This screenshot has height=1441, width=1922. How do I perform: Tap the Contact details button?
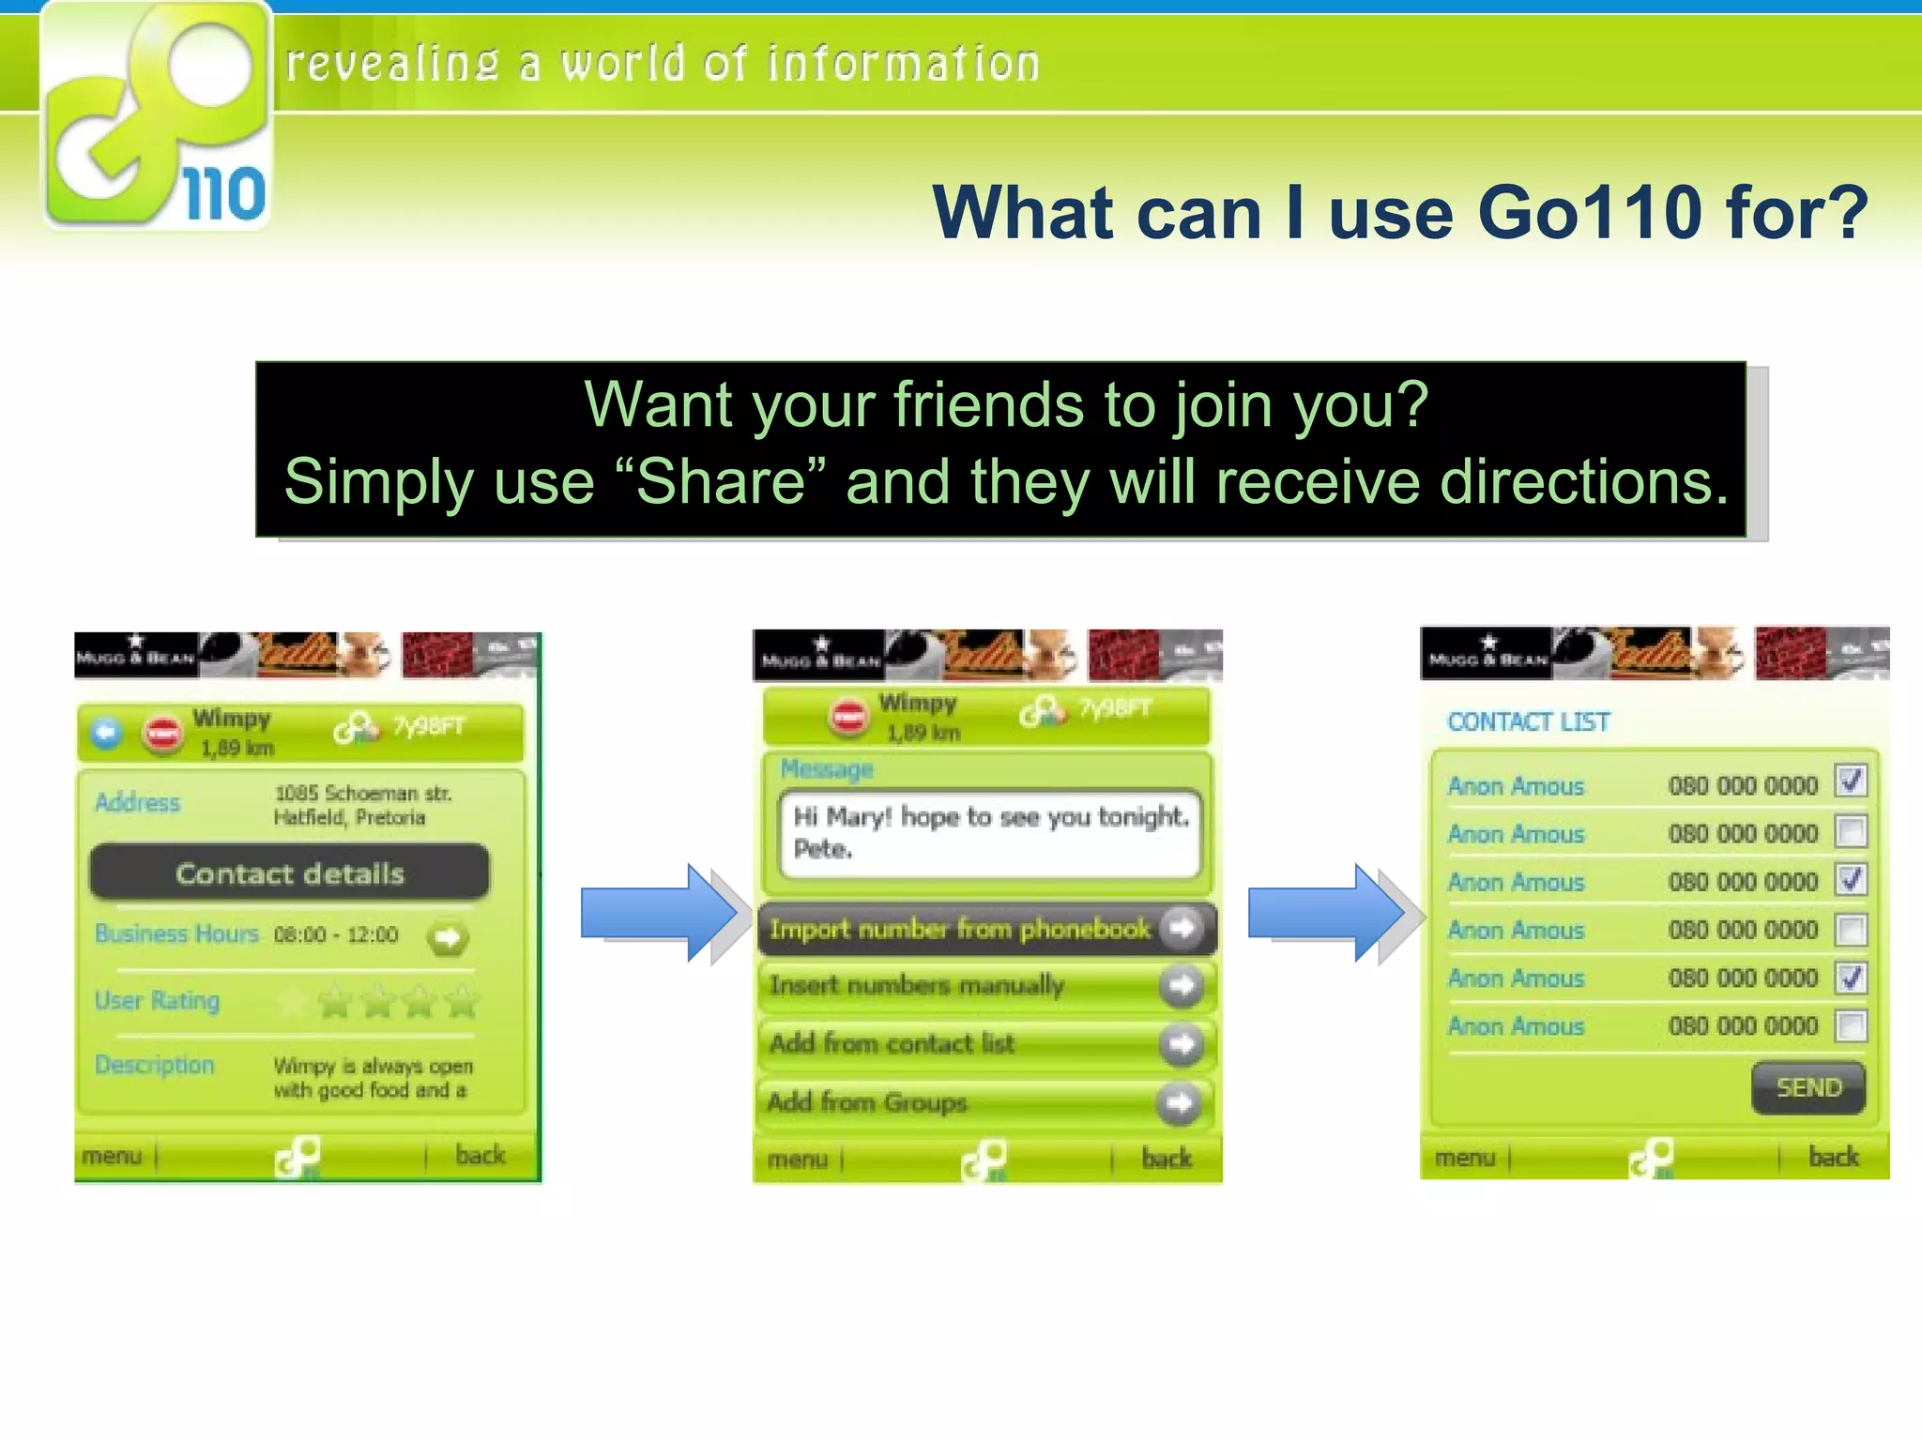tap(289, 873)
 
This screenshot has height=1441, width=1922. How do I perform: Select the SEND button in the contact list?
tap(1808, 1088)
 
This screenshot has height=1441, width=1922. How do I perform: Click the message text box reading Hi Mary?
tap(989, 833)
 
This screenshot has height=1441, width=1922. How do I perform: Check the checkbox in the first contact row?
tap(1851, 781)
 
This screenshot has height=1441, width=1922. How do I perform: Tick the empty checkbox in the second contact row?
tap(1851, 831)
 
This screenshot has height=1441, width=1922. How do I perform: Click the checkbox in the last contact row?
tap(1851, 1025)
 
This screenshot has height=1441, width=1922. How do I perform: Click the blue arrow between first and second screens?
tap(660, 913)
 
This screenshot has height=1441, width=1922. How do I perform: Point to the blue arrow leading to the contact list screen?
tap(1327, 913)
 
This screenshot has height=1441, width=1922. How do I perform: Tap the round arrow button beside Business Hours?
tap(448, 937)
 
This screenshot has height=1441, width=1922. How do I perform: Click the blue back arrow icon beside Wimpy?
tap(106, 733)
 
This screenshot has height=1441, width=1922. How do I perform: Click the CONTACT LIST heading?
tap(1528, 721)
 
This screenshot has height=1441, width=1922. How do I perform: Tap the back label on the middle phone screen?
tap(1167, 1159)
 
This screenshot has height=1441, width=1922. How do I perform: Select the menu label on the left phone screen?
tap(112, 1156)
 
